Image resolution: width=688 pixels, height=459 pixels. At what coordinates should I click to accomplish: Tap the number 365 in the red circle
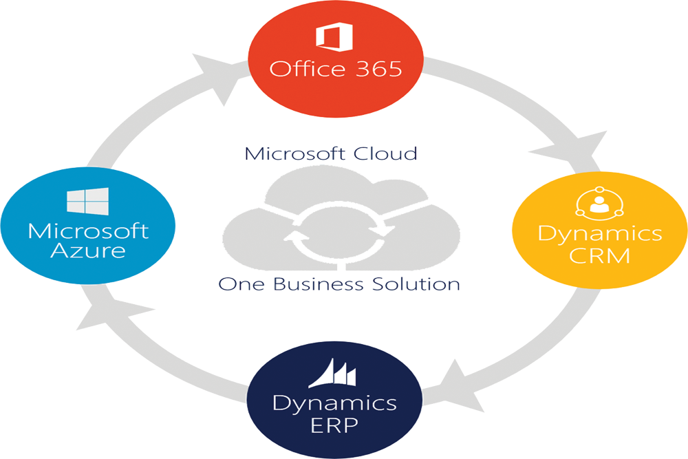[x=377, y=69]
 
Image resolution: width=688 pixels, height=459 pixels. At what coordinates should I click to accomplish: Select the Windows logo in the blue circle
[x=87, y=200]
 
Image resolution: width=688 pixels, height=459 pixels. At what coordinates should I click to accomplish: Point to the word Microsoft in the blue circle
[x=87, y=229]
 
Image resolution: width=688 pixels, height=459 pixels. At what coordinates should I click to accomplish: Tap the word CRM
[x=599, y=256]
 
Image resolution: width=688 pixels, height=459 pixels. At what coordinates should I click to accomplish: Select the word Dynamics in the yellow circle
[x=599, y=234]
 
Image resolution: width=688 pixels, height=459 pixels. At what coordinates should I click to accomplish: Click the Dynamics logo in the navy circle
[x=332, y=373]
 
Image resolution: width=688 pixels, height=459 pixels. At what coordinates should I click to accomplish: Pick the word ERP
[x=334, y=425]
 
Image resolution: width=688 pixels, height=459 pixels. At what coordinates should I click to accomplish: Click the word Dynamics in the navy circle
[x=334, y=403]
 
